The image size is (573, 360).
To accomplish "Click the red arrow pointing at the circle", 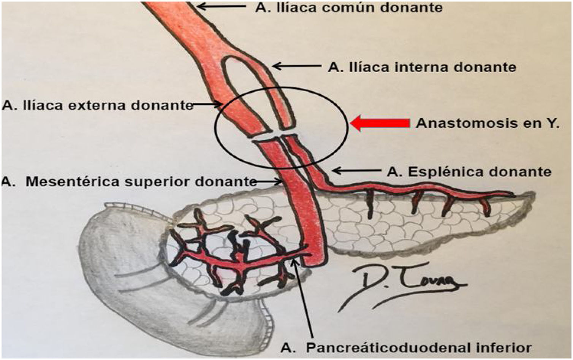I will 380,124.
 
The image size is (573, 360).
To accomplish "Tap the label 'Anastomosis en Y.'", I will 488,124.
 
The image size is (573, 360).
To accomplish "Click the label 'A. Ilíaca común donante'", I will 348,7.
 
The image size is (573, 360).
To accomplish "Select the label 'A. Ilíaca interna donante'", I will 422,67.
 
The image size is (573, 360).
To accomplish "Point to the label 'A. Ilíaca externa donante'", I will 98,105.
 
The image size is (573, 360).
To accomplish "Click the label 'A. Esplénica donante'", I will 469,172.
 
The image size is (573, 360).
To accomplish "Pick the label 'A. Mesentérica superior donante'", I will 129,182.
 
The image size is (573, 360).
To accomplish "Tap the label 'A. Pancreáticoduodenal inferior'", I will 406,347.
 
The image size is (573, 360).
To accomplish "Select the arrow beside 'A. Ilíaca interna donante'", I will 296,66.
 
